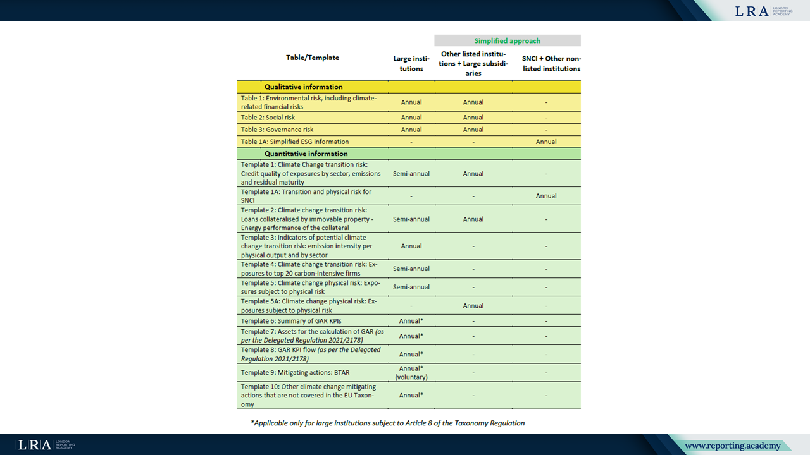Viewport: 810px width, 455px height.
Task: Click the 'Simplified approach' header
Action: (x=507, y=41)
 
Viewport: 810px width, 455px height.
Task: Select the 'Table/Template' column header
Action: (x=313, y=58)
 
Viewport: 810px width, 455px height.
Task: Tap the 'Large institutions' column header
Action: (x=411, y=64)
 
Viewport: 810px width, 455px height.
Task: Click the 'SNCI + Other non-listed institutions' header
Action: (x=546, y=64)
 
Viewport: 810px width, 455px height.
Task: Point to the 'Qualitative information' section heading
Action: (x=303, y=87)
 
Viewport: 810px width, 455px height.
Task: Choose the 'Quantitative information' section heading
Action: (x=306, y=154)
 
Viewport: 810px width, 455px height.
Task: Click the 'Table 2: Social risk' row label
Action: (x=268, y=118)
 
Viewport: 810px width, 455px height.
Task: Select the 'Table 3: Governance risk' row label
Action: (x=277, y=130)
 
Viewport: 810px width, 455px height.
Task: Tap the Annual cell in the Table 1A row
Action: (x=546, y=142)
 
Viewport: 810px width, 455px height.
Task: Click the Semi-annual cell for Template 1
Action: (x=411, y=173)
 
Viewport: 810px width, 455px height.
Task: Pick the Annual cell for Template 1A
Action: (x=546, y=196)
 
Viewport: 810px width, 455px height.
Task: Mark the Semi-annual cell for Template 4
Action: (x=411, y=269)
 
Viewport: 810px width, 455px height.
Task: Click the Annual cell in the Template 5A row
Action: (x=473, y=306)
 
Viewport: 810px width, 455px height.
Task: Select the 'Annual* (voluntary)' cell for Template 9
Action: (x=411, y=373)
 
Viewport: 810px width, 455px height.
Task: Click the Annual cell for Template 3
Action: (x=411, y=246)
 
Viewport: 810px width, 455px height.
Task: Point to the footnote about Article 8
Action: (x=387, y=423)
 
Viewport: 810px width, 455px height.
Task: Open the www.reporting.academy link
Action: (x=732, y=446)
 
